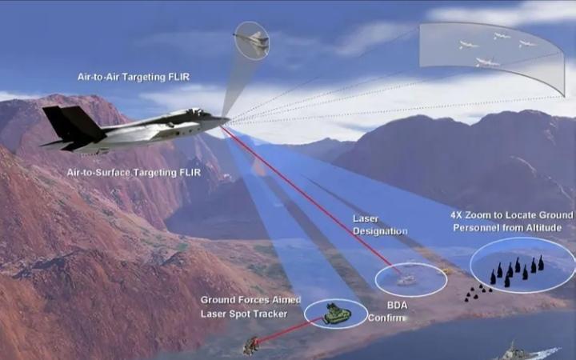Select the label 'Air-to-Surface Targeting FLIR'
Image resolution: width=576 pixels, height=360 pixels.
point(134,172)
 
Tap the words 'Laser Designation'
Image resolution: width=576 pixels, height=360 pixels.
point(380,225)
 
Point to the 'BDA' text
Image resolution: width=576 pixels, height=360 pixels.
point(398,305)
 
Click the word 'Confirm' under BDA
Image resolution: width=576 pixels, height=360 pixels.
point(386,318)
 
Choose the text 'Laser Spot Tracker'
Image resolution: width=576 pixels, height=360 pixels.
point(243,314)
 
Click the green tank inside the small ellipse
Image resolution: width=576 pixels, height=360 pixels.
point(337,314)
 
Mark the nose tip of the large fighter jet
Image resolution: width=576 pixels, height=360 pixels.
point(228,120)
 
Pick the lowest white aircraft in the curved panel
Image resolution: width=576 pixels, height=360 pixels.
point(486,62)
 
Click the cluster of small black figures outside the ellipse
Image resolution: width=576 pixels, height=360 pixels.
point(477,293)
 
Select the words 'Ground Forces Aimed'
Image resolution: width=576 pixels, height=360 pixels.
point(250,300)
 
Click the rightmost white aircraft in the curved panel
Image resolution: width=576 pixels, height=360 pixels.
point(527,43)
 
